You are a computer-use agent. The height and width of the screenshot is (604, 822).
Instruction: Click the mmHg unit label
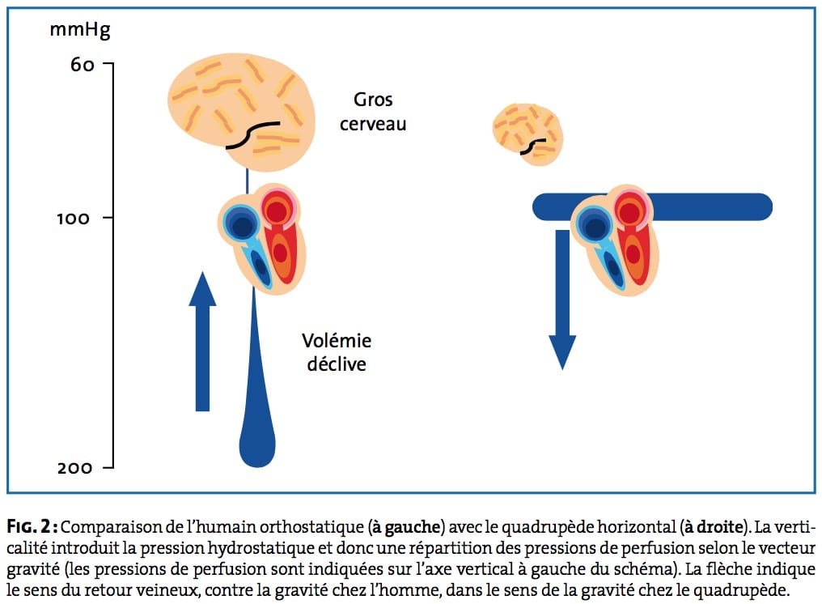coord(79,31)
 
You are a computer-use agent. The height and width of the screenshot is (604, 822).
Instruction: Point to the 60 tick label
coord(83,65)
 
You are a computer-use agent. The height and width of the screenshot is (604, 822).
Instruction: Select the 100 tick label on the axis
coord(74,218)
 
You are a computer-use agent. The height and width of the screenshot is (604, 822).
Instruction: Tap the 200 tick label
coord(75,467)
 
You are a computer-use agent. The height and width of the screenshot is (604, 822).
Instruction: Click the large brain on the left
coord(242,112)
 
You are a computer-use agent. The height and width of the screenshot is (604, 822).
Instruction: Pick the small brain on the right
coord(528,134)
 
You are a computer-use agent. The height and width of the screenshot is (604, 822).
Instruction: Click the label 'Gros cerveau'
coord(373,112)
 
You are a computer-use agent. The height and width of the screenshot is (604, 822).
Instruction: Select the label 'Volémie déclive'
coord(337,352)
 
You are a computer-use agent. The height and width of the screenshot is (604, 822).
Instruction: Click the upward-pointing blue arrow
coord(202,341)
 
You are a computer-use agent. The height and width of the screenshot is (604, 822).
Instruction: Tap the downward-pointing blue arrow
coord(562,300)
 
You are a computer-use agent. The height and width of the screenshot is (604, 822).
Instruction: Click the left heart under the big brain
coord(262,239)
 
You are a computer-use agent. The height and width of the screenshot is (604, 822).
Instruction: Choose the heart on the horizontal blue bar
coord(615,240)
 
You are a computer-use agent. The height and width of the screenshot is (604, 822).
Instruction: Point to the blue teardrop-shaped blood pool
coord(257,399)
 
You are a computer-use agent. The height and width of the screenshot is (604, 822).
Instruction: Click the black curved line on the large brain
coord(252,134)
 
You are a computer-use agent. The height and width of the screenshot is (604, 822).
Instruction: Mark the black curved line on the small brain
coord(532,146)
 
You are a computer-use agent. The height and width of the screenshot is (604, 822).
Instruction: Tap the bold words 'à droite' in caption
coord(714,527)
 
